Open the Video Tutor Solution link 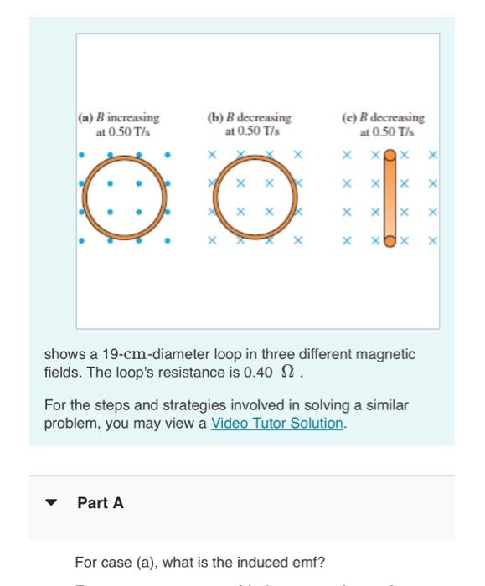277,423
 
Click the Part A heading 101,503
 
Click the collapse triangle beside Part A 52,504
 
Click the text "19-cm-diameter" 137,355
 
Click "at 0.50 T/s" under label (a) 122,131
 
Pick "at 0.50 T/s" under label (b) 253,131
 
